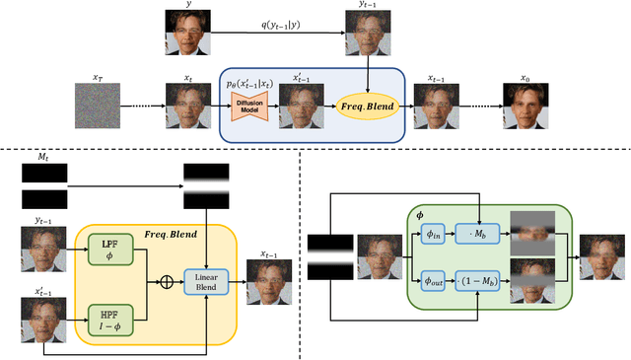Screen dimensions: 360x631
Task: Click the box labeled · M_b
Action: coord(478,233)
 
